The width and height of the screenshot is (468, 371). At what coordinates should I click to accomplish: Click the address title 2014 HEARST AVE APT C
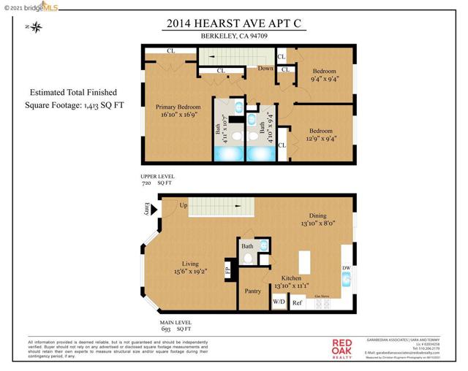[x=233, y=23]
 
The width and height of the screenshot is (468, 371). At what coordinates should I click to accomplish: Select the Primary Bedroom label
[x=178, y=110]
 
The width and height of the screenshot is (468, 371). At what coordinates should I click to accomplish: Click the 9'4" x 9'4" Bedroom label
[x=323, y=74]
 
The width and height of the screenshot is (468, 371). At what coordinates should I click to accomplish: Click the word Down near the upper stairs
[x=265, y=69]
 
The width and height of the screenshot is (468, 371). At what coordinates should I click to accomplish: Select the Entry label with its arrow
[x=147, y=210]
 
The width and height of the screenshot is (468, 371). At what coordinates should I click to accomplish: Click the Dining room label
[x=317, y=220]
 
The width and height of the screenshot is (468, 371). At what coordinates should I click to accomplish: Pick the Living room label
[x=190, y=267]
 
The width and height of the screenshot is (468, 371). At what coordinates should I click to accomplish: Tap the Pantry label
[x=253, y=291]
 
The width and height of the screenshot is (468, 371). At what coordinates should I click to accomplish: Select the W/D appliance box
[x=279, y=301]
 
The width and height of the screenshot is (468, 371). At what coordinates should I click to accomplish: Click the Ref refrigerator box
[x=298, y=302]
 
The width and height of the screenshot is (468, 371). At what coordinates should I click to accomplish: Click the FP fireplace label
[x=227, y=269]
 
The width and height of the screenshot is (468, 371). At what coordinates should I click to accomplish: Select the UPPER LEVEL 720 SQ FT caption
[x=158, y=180]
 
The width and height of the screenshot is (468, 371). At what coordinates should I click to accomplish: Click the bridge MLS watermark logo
[x=30, y=7]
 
